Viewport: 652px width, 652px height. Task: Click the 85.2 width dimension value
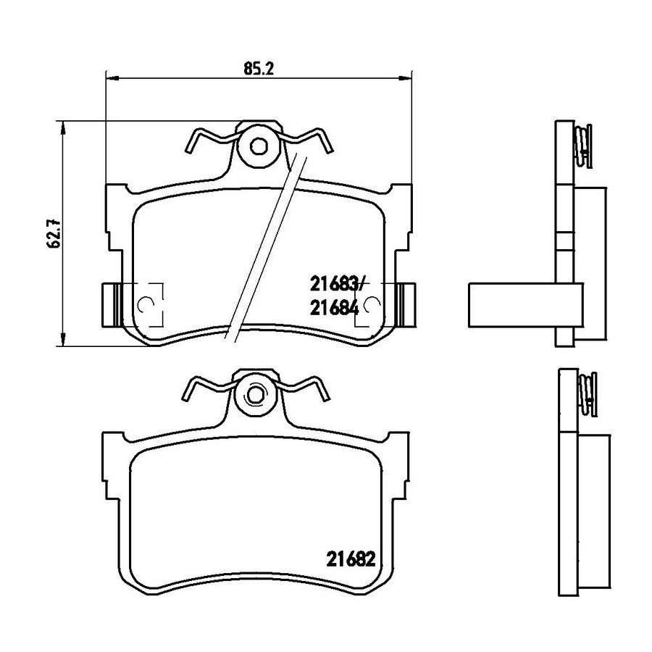click(258, 68)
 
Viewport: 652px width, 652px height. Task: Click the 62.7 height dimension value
click(54, 234)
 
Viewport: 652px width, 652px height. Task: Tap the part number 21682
click(351, 559)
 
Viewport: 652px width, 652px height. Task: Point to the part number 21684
click(334, 308)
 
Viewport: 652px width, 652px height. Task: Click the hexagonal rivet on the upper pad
click(258, 146)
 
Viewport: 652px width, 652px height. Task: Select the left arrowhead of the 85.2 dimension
click(113, 78)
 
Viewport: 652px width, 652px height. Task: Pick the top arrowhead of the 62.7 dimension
click(63, 128)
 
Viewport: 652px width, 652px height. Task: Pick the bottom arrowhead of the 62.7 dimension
click(63, 339)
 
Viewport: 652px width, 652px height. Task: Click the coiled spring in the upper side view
click(583, 146)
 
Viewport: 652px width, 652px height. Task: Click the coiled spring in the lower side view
click(588, 394)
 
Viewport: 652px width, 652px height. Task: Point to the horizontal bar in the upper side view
click(526, 305)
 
